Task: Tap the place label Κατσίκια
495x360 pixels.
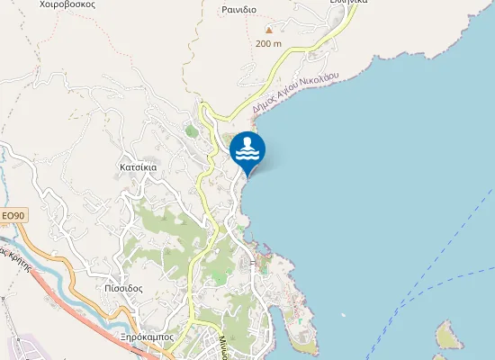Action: coord(139,167)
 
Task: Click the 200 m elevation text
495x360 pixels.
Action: coord(268,43)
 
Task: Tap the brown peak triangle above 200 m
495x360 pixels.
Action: coord(268,29)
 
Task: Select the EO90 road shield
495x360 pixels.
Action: coord(13,216)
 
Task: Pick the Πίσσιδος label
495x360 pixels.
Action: coord(123,289)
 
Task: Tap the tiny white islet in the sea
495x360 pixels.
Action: coord(342,314)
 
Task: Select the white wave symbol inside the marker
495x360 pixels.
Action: coord(247,156)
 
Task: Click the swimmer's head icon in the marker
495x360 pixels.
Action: coord(247,141)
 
